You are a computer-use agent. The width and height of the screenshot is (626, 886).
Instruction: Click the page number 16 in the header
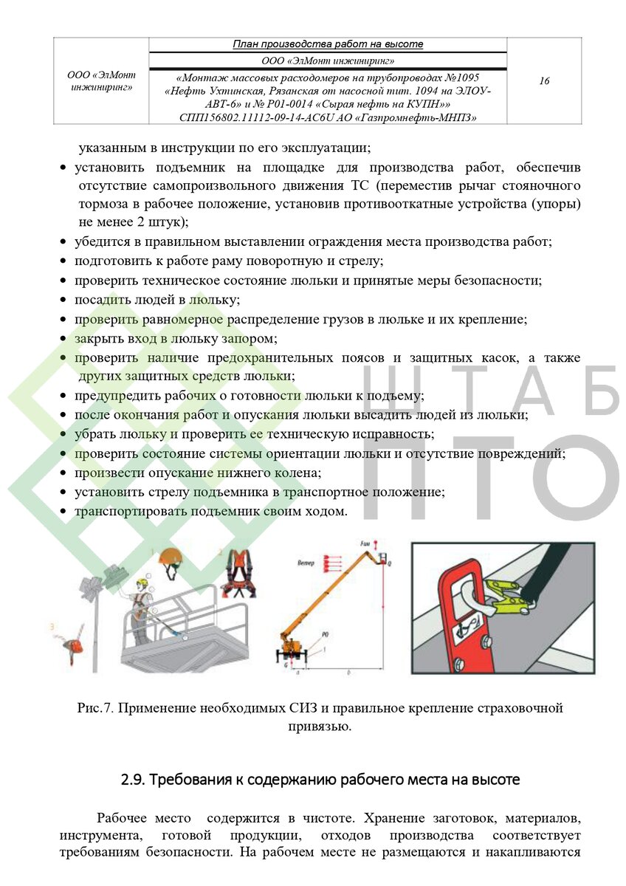click(544, 81)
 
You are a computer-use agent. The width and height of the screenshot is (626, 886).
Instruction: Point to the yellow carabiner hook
click(509, 597)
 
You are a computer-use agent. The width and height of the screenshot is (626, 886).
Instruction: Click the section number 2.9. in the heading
click(134, 780)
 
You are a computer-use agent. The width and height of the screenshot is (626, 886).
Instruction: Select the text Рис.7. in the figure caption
click(95, 709)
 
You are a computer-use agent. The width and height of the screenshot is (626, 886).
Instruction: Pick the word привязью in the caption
click(319, 727)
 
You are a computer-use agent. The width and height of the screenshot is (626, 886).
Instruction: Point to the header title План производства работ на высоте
click(328, 44)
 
